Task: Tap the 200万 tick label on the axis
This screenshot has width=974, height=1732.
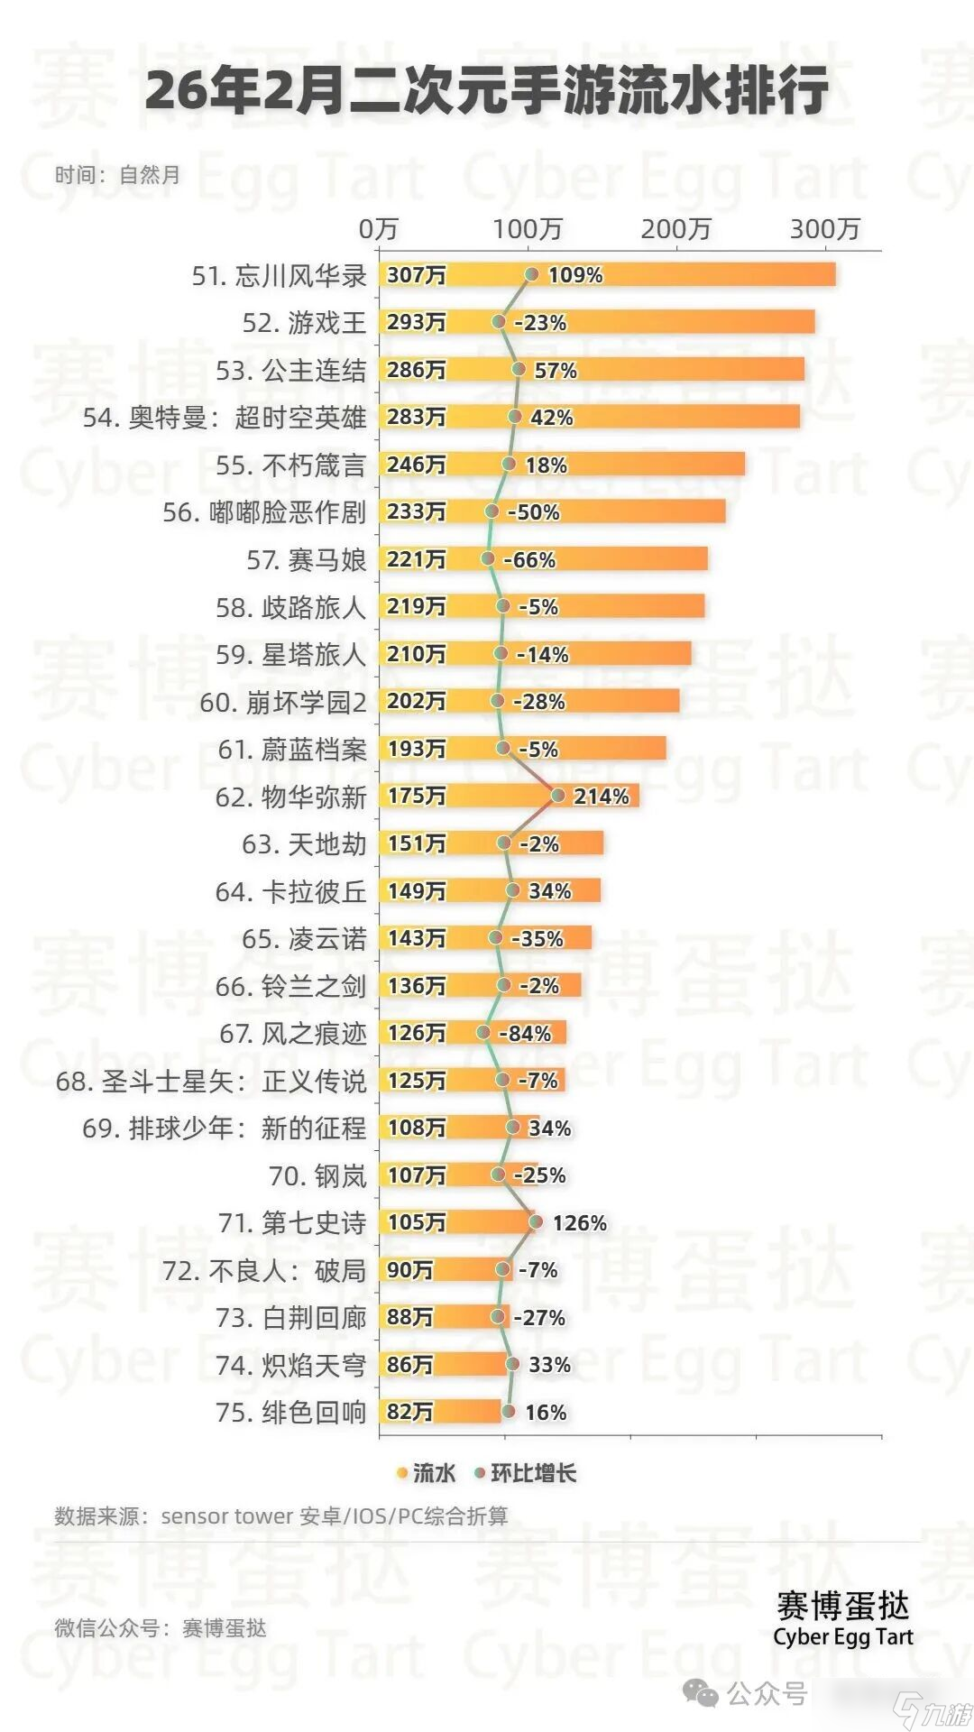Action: (676, 229)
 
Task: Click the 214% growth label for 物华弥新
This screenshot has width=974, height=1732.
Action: (601, 797)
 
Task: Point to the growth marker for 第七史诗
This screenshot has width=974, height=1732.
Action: (536, 1221)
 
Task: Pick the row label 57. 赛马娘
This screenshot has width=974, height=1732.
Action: (306, 560)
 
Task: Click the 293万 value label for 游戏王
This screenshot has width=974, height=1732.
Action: (416, 322)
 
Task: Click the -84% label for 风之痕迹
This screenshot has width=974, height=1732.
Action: (524, 1034)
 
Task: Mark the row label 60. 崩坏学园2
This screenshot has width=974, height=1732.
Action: (282, 702)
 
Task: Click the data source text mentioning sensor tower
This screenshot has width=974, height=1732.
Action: (280, 1515)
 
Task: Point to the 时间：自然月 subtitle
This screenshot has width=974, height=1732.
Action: (117, 175)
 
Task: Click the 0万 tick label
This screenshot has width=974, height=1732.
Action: (378, 229)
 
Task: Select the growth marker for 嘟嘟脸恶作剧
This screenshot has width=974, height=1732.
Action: (492, 511)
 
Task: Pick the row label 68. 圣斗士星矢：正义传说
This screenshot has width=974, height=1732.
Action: (211, 1081)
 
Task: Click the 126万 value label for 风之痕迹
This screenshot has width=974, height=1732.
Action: (416, 1033)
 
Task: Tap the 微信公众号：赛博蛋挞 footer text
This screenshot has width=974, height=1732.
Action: (161, 1628)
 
